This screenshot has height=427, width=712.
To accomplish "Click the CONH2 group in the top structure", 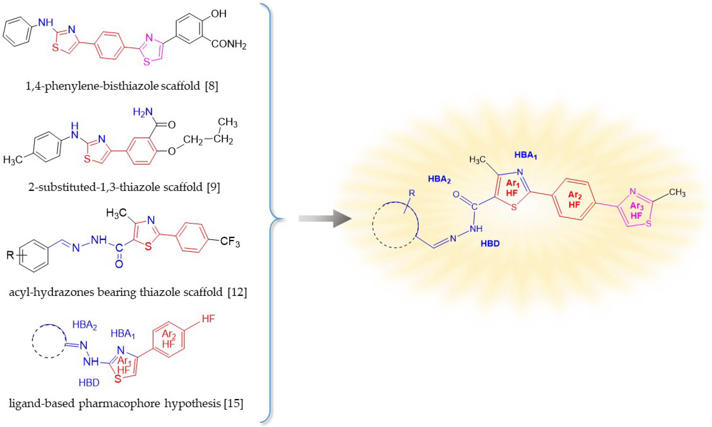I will [229, 45].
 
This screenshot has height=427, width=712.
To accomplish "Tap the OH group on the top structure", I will [219, 13].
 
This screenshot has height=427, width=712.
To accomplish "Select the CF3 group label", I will [230, 242].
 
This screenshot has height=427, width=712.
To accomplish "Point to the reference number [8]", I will [212, 86].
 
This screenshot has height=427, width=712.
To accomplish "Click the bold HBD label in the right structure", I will [490, 244].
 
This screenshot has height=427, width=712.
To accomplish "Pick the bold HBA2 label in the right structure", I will [439, 179].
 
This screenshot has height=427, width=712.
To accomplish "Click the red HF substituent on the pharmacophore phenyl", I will [208, 319].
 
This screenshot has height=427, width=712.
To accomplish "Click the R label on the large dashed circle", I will [412, 193].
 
